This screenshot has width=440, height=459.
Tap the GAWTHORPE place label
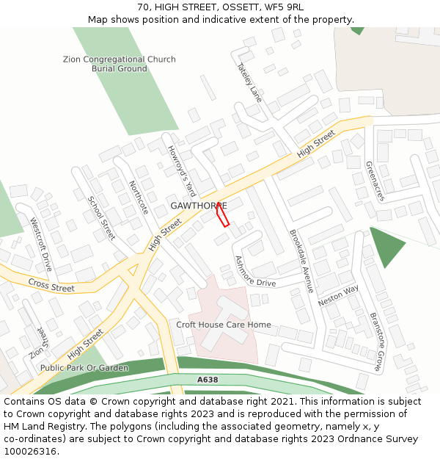click(198, 206)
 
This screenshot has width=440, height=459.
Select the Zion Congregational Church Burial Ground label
click(120, 64)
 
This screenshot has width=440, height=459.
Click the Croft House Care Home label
click(224, 325)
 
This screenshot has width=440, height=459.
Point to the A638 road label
click(208, 380)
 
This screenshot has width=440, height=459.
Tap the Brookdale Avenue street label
click(301, 261)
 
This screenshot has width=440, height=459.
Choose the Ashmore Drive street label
click(254, 272)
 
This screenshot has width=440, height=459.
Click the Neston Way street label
click(339, 296)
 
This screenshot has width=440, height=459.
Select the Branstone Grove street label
click(375, 340)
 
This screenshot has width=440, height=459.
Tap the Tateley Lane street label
click(249, 82)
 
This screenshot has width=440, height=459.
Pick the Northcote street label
click(139, 198)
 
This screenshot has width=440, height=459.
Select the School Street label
click(101, 218)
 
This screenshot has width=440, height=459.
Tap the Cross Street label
click(51, 284)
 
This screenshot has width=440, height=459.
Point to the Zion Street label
click(37, 342)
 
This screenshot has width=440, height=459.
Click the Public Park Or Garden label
click(84, 368)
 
